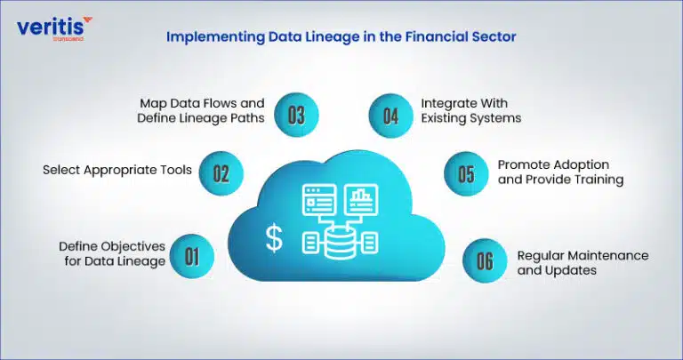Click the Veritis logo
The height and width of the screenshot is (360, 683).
54,28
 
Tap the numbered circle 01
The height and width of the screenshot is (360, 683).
192,256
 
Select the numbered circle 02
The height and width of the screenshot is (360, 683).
221,173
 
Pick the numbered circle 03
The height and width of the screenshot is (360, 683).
296,116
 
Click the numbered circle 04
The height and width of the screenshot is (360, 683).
390,116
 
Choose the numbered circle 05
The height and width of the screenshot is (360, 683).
466,173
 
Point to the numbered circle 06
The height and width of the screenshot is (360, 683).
485,260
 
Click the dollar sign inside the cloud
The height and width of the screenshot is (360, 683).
274,239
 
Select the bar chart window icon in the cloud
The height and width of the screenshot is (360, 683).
361,200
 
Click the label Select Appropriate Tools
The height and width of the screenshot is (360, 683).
117,170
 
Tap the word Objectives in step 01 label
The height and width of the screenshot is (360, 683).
133,247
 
